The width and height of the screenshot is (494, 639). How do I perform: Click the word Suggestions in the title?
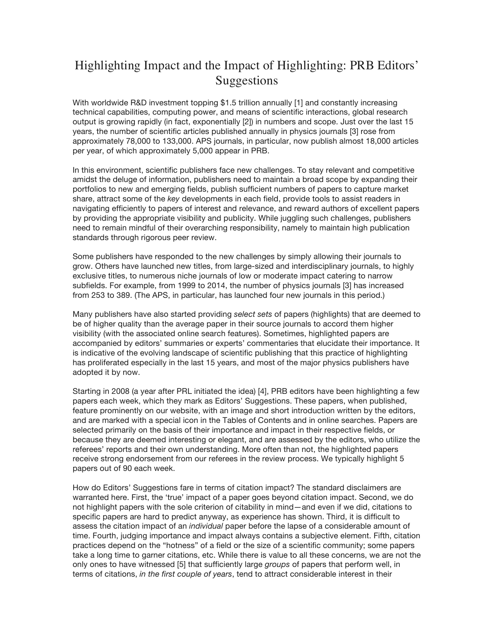click(x=246, y=81)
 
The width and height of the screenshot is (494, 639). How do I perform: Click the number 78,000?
click(x=139, y=141)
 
